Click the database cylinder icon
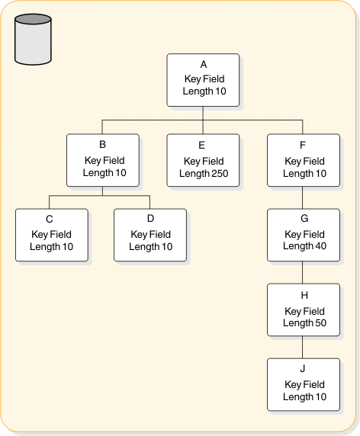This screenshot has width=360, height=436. click(x=33, y=40)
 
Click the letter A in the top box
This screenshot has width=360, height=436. click(x=204, y=65)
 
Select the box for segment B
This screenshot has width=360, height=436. click(x=103, y=161)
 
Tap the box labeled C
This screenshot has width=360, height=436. click(x=51, y=234)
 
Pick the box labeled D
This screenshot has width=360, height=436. click(x=150, y=234)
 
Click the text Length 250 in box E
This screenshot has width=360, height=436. click(x=204, y=173)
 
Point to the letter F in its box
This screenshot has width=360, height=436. click(x=304, y=144)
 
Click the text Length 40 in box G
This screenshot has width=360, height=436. click(x=304, y=246)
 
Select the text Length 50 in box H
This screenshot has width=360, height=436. click(x=304, y=323)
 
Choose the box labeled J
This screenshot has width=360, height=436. click(x=304, y=384)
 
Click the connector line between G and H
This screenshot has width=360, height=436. click(x=304, y=272)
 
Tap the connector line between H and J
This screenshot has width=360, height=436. click(x=304, y=348)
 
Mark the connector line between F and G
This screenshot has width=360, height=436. click(x=304, y=198)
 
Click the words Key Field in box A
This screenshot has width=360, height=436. click(x=204, y=79)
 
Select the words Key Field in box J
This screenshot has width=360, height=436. click(x=304, y=385)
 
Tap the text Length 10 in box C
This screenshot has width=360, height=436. click(x=51, y=246)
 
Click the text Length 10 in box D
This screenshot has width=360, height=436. click(x=150, y=246)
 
